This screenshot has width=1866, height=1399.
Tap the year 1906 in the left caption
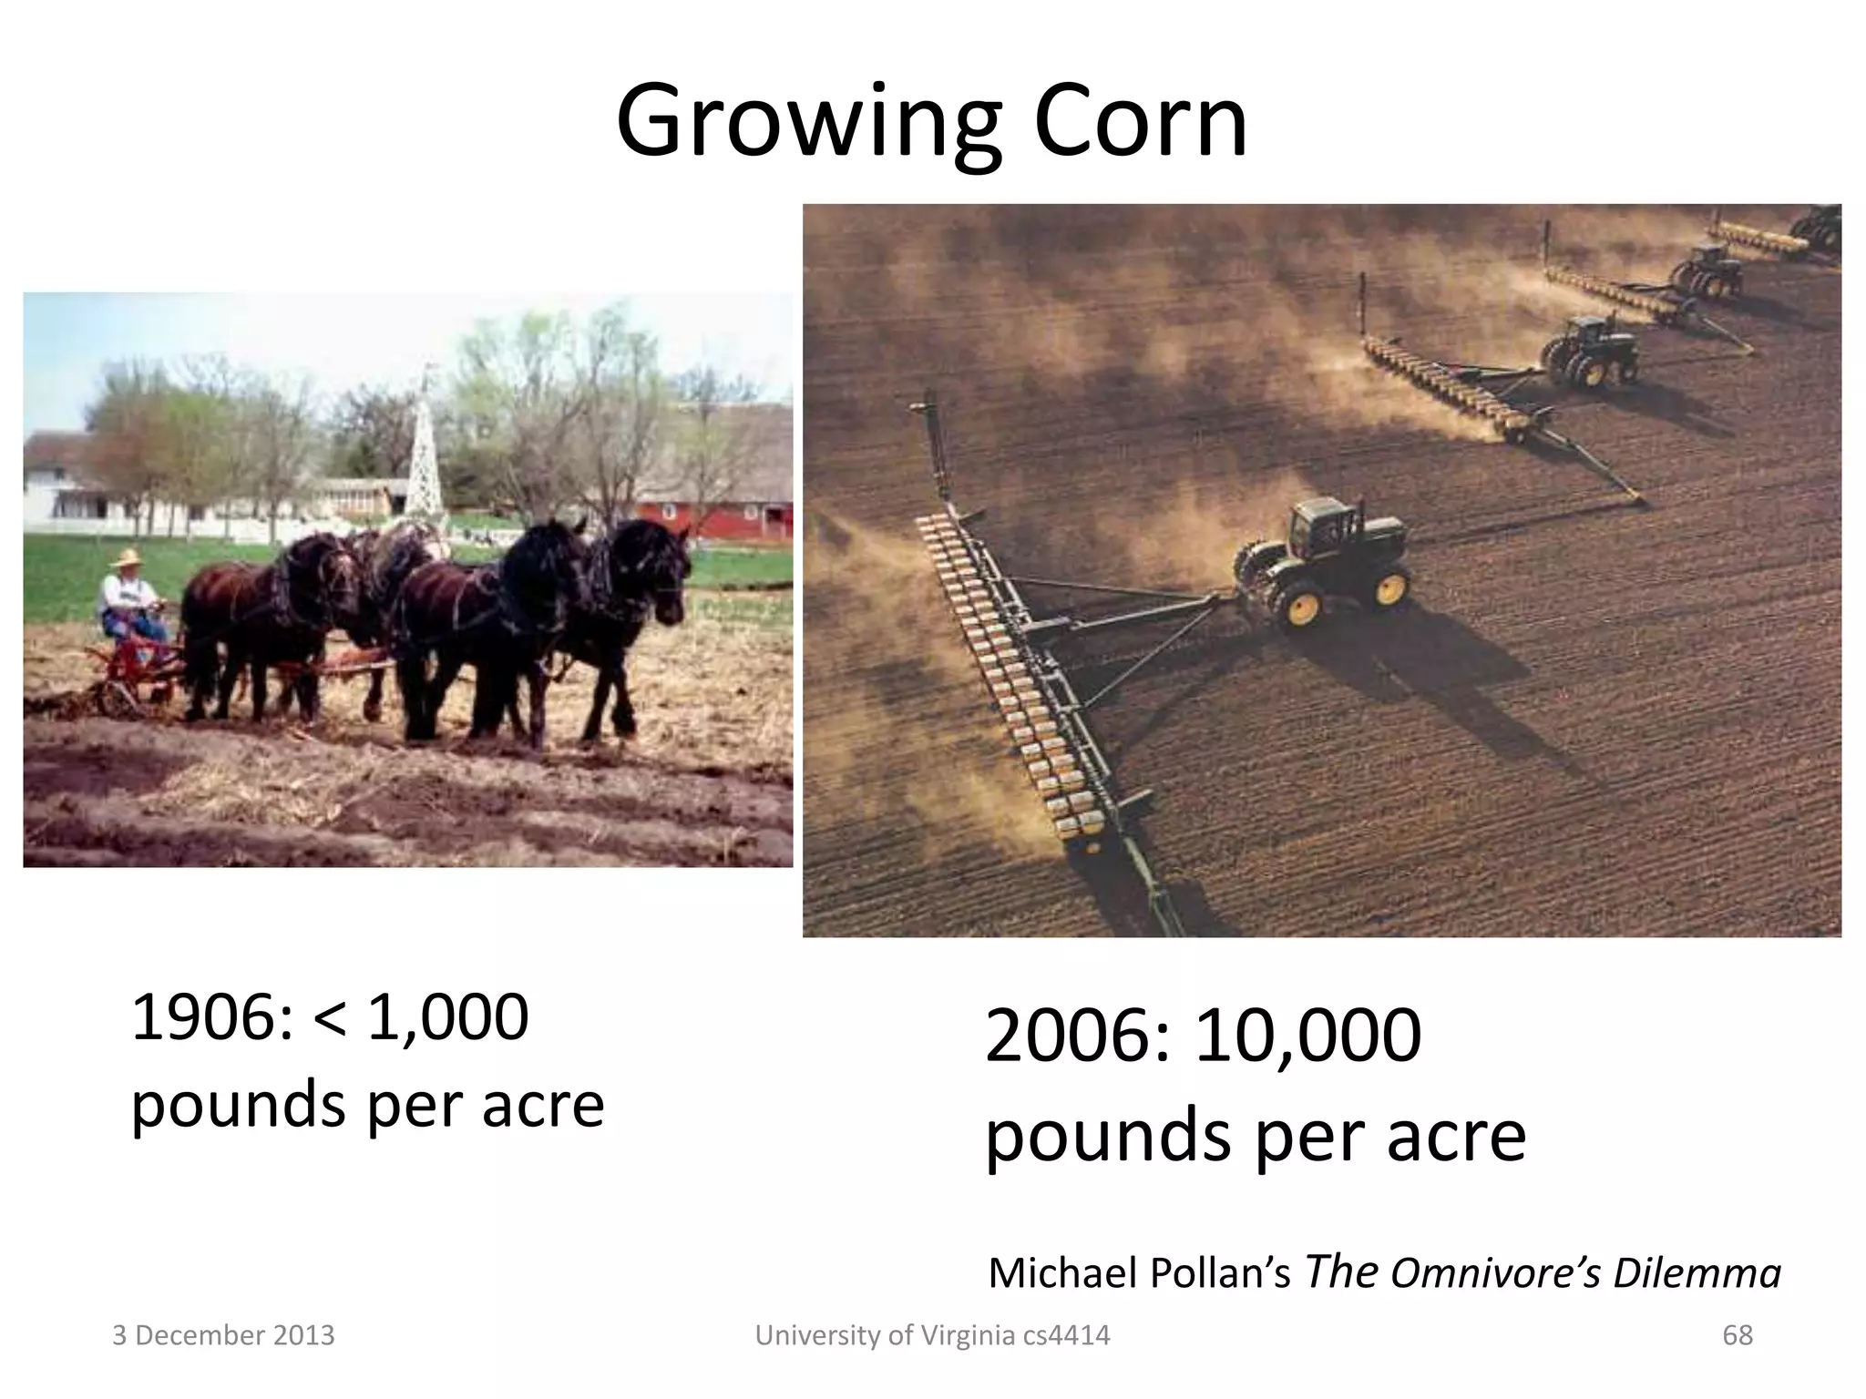(202, 1017)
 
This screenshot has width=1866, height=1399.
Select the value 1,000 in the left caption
(446, 1017)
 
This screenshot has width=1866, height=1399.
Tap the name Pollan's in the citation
(1221, 1273)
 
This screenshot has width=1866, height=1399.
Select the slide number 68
(1738, 1335)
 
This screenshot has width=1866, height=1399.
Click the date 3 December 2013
(223, 1335)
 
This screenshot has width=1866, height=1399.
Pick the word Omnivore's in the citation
(1495, 1273)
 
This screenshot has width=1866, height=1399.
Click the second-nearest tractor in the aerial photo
(1590, 352)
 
